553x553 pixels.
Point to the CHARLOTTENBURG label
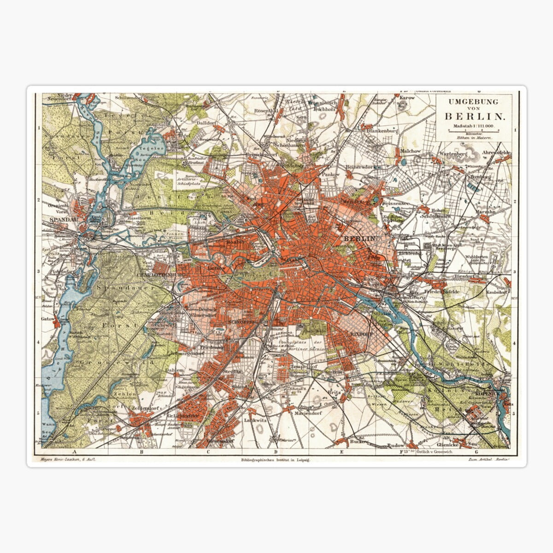[x=160, y=275]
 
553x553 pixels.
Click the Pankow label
[x=330, y=175]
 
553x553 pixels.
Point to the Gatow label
[x=47, y=318]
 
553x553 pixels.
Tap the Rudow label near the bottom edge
[x=395, y=446]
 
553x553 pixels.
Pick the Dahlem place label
[x=175, y=370]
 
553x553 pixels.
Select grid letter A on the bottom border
[x=73, y=452]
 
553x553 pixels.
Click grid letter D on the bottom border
[x=275, y=452]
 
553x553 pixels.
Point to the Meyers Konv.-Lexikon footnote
[x=68, y=460]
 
